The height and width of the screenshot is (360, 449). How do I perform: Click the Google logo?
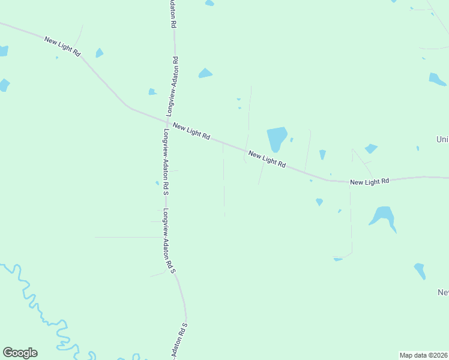[x=20, y=353]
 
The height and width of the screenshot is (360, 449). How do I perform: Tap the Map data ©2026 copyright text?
[x=423, y=355]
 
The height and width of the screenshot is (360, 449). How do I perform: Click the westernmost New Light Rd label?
[x=62, y=46]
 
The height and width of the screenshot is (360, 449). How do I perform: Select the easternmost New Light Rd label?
[x=370, y=181]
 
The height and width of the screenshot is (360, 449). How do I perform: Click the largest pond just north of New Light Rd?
[x=276, y=139]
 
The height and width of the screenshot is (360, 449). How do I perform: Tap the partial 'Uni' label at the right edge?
[x=442, y=139]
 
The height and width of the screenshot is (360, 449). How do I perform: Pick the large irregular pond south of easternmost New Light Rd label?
[x=383, y=216]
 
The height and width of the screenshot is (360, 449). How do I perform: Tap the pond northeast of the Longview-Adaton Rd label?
[x=205, y=73]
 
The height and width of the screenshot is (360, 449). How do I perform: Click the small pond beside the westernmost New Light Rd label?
[x=99, y=53]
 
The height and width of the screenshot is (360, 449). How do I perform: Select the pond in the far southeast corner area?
[x=420, y=271]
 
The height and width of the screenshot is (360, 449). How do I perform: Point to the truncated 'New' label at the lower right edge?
[x=443, y=292]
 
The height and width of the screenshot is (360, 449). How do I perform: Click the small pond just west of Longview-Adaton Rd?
[x=152, y=92]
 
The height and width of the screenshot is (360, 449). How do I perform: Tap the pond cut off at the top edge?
[x=209, y=3]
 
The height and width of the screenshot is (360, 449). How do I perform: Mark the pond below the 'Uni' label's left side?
[x=371, y=148]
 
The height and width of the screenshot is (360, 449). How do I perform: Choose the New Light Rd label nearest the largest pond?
[x=267, y=159]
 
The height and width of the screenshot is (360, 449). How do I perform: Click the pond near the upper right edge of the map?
[x=436, y=79]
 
